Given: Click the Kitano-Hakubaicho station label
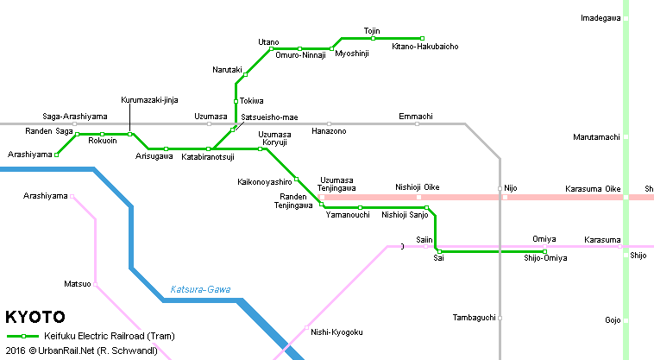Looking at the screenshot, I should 424,47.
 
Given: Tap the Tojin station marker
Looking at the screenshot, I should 373,38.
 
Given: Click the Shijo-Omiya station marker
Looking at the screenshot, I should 544,251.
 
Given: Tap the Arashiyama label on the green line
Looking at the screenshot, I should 28,154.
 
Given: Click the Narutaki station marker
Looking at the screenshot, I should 246,74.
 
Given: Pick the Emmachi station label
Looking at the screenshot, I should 416,116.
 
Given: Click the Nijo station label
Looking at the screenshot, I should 511,186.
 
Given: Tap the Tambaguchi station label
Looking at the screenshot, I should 475,318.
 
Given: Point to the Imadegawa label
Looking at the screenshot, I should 601,17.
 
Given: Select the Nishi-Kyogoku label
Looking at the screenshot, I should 336,332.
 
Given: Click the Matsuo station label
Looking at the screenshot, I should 77,283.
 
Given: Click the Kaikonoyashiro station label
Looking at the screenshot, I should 265,182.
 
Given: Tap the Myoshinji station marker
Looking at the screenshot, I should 332,48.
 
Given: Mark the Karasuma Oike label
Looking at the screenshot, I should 593,188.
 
